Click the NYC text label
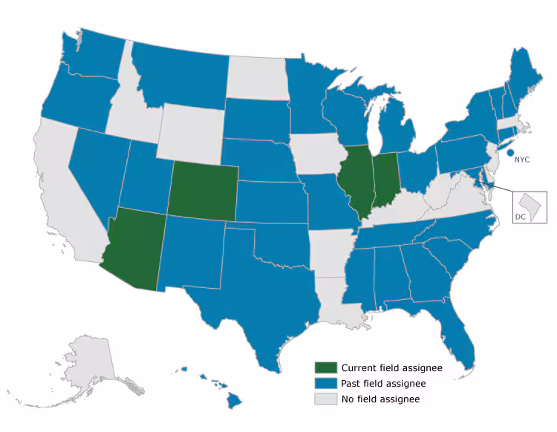pos(522,159)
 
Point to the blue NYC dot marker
pos(510,154)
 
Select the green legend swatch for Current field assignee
pos(325,368)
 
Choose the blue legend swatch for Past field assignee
pos(325,384)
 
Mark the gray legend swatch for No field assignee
pos(325,399)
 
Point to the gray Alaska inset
pos(89,364)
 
